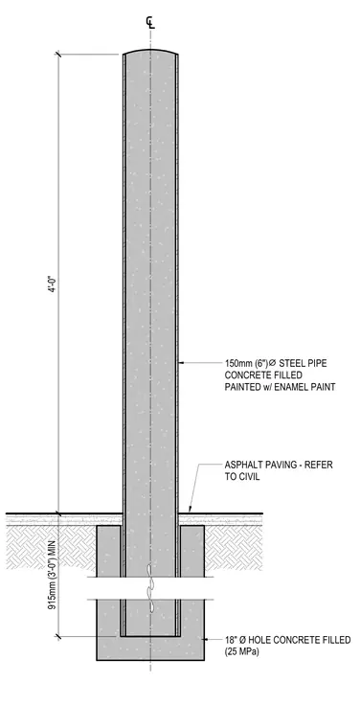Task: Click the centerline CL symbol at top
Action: (x=150, y=22)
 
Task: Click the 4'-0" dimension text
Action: (x=54, y=283)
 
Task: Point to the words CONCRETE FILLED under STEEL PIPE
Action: (x=263, y=375)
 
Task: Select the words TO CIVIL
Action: (x=242, y=476)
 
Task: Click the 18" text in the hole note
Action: (x=231, y=640)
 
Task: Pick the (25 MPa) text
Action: (x=242, y=652)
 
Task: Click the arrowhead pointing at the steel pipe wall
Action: (x=181, y=363)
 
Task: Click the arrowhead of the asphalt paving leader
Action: (x=190, y=510)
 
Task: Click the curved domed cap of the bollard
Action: (x=150, y=51)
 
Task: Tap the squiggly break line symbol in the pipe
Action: (x=149, y=586)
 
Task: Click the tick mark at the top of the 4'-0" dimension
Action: (x=59, y=55)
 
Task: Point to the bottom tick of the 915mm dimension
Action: (x=59, y=636)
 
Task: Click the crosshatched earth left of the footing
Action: (x=51, y=547)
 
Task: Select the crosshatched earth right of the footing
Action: (x=234, y=547)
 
